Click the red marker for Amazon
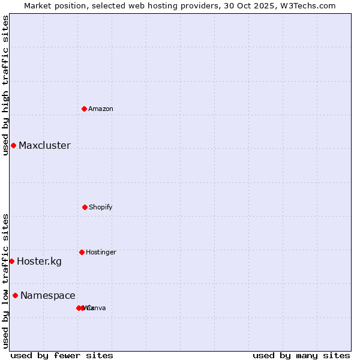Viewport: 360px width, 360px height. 85,109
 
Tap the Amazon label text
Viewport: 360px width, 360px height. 101,109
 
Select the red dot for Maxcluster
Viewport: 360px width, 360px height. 13,145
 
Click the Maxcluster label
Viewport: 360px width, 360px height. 44,145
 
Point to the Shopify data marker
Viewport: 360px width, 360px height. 85,207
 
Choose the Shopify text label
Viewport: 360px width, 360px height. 101,207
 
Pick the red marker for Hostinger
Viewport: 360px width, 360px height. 82,252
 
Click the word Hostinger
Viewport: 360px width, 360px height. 101,252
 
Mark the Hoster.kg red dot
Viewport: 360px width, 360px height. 11,261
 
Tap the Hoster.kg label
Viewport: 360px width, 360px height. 39,261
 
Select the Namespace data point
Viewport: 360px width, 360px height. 15,295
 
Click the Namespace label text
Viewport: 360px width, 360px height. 48,295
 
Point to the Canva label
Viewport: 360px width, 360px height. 97,308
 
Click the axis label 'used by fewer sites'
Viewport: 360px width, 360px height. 62,355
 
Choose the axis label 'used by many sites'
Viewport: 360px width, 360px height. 301,355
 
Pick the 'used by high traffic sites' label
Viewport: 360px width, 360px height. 5,85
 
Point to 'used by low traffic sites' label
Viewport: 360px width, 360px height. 5,281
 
